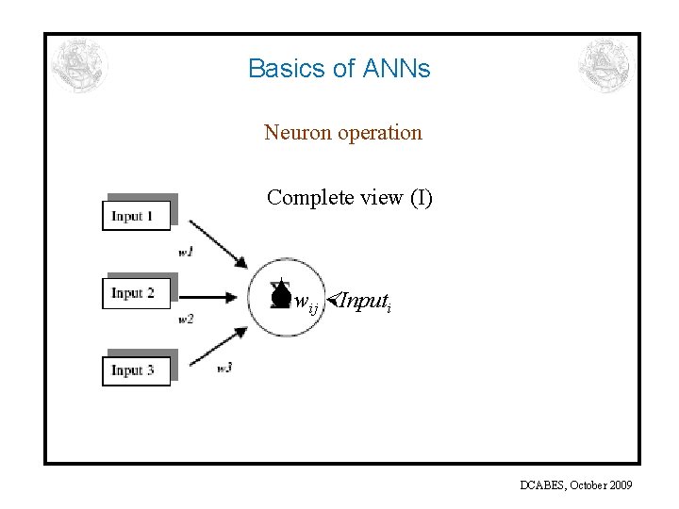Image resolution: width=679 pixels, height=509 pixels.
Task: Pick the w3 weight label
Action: click(x=224, y=368)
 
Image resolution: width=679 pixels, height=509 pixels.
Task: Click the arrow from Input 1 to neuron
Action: click(x=218, y=244)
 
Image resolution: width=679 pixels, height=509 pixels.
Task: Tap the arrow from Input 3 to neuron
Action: click(x=218, y=345)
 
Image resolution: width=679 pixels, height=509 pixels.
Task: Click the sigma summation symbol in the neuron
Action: click(x=279, y=293)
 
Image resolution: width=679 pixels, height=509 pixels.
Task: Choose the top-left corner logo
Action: click(x=80, y=66)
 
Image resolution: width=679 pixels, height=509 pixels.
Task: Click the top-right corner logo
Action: click(x=604, y=66)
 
